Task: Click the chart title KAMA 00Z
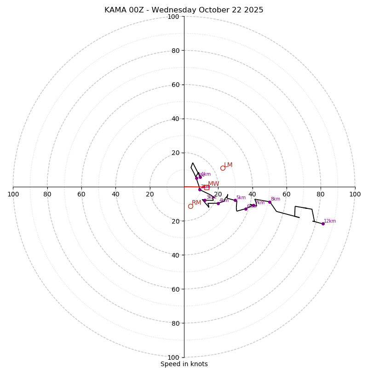(x=184, y=10)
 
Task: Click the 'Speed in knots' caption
(x=184, y=364)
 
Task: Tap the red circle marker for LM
(x=223, y=168)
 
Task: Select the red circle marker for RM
(x=190, y=206)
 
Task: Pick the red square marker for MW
(x=207, y=187)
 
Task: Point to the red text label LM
(x=228, y=165)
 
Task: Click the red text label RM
(x=196, y=203)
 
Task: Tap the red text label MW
(x=213, y=184)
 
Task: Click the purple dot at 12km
(x=323, y=224)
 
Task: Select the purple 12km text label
(x=330, y=221)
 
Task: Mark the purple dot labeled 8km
(x=270, y=202)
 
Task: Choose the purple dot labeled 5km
(x=235, y=200)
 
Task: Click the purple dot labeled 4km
(x=218, y=203)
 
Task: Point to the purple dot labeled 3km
(x=205, y=200)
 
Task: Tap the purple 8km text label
(x=275, y=199)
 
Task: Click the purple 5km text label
(x=241, y=198)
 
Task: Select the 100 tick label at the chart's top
(x=173, y=17)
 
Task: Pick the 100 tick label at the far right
(x=355, y=194)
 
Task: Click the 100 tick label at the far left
(x=13, y=194)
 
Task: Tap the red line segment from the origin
(x=191, y=187)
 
